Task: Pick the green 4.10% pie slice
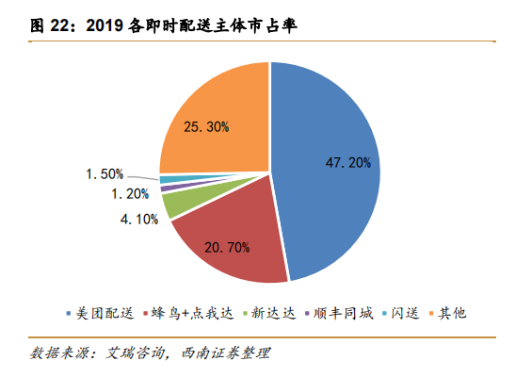click(x=191, y=198)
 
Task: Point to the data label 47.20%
click(x=348, y=163)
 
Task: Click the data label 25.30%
click(x=206, y=126)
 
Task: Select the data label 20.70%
click(x=227, y=247)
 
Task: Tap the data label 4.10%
click(x=139, y=219)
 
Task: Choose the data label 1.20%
click(x=130, y=193)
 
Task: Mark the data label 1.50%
click(x=105, y=173)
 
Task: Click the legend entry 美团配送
click(x=101, y=313)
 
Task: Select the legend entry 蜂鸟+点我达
click(x=188, y=313)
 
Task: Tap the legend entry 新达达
click(x=269, y=313)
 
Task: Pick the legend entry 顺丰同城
click(x=339, y=313)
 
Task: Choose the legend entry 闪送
click(x=401, y=313)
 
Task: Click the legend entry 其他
click(x=448, y=313)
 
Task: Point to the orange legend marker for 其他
click(x=431, y=314)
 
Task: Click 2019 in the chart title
click(x=105, y=25)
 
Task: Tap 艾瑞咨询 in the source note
click(x=135, y=352)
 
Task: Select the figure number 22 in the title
click(x=59, y=25)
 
